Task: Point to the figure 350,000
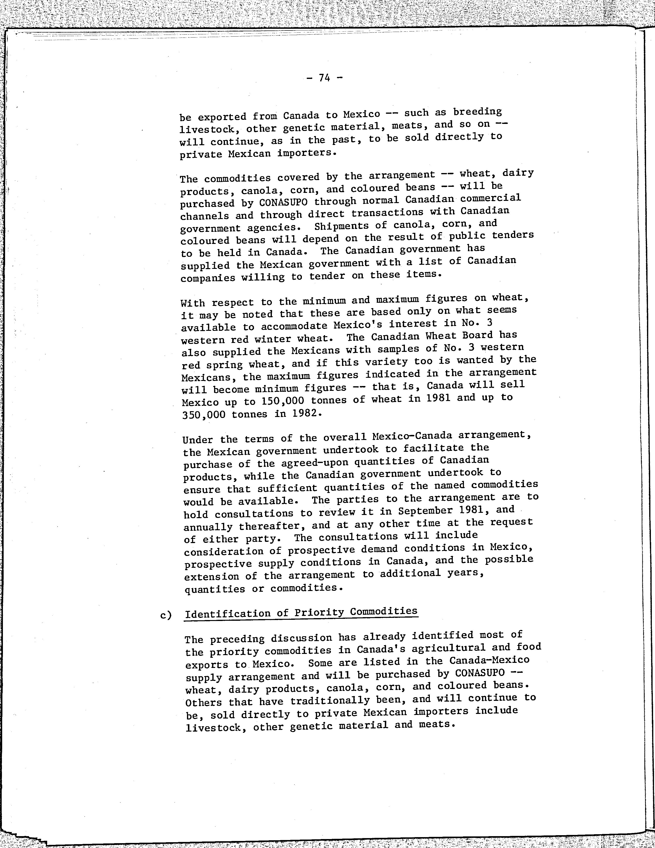tap(202, 414)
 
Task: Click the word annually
tap(208, 527)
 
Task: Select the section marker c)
tap(166, 615)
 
